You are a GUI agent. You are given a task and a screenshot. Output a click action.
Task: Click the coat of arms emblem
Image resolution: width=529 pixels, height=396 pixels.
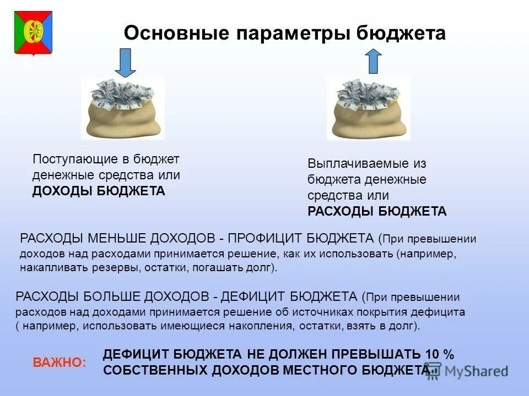(33, 32)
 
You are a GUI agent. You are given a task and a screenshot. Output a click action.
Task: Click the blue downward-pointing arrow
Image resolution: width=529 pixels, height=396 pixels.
(126, 62)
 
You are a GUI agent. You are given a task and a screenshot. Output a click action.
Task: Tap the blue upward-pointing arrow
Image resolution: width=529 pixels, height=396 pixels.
(374, 61)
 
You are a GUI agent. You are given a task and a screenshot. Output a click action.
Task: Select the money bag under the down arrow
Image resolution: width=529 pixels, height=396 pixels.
(123, 108)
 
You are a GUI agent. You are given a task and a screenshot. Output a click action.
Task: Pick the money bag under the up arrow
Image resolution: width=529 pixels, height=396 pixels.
(369, 109)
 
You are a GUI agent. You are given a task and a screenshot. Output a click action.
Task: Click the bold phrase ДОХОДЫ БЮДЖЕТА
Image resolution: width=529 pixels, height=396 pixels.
(99, 191)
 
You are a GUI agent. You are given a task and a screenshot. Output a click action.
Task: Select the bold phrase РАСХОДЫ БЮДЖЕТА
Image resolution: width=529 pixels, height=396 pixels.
(377, 212)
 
